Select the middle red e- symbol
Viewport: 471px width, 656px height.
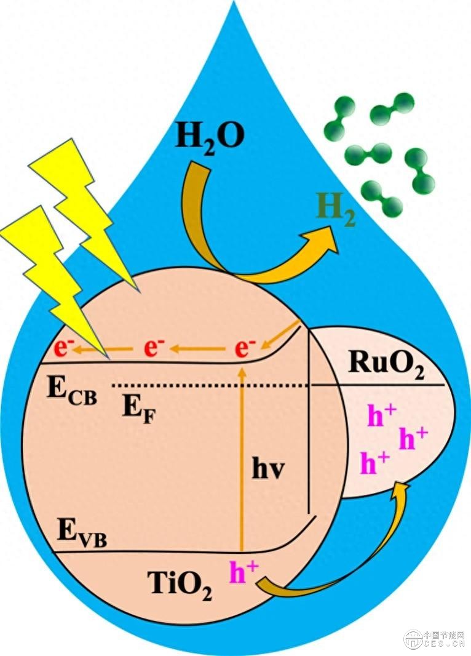(153, 348)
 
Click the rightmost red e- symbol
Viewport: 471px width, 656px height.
(245, 348)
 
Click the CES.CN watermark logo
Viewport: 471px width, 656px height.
(433, 639)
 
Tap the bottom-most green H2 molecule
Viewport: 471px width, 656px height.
(380, 196)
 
